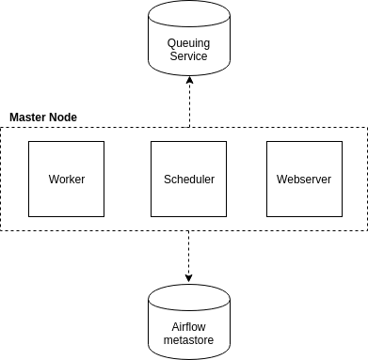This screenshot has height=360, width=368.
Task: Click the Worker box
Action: pos(66,179)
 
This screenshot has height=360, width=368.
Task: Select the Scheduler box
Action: pos(188,179)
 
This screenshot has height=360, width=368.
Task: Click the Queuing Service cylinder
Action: pos(188,47)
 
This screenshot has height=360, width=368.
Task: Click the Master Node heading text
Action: pos(42,117)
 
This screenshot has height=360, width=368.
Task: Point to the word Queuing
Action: pos(188,43)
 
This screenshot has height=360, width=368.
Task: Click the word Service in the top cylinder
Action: pos(188,56)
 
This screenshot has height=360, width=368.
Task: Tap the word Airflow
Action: pos(188,325)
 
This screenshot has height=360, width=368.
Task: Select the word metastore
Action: pos(188,338)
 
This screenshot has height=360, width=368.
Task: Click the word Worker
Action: pos(66,179)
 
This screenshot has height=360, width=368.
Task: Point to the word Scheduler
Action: pos(188,179)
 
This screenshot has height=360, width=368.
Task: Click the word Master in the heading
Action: pos(29,117)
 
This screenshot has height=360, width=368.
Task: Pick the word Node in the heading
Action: pos(64,117)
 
